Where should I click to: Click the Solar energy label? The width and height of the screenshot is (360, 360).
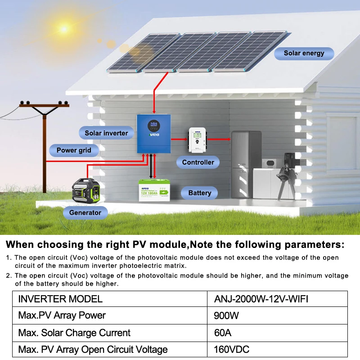pos(304,54)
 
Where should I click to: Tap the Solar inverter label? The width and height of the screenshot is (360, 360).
pos(106,133)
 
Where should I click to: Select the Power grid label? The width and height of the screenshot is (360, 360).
pos(74,150)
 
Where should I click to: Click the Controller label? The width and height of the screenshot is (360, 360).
pos(198,162)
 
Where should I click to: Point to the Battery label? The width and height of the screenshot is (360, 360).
pos(199,193)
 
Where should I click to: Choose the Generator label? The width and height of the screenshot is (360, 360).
pos(85,212)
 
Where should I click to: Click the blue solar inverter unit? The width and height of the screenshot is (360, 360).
pos(154,133)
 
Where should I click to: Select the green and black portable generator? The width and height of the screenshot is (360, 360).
pos(88,192)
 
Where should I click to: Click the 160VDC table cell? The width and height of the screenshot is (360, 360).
pos(232,350)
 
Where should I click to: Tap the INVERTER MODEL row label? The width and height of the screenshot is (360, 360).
pos(60,299)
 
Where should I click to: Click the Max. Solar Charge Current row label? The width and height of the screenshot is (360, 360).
pos(74,333)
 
